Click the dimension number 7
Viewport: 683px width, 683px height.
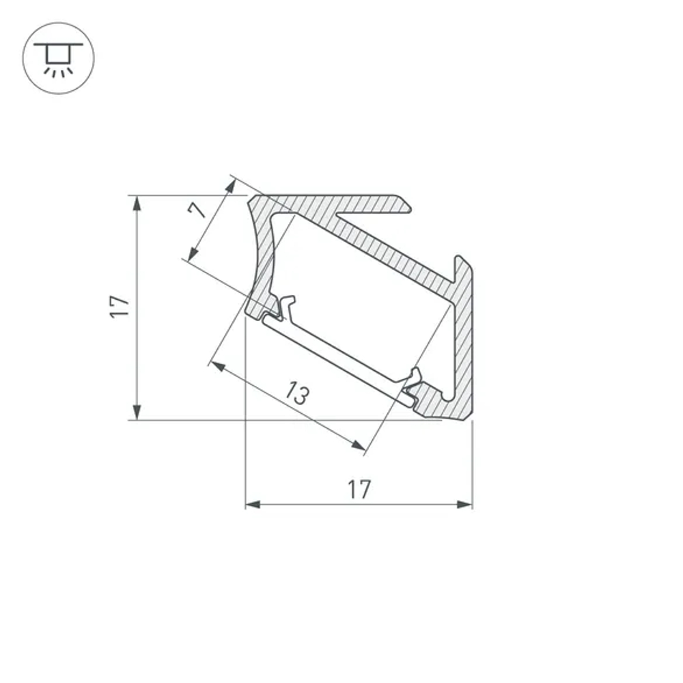pos(197,208)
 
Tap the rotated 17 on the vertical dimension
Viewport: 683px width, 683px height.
pos(120,306)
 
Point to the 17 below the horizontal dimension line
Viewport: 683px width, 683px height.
pos(359,489)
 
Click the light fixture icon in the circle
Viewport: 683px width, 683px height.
pos(59,58)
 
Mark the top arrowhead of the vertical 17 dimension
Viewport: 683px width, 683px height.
pos(137,202)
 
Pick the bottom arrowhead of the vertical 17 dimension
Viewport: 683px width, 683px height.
pos(137,413)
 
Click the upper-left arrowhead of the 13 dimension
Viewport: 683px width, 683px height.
pos(217,367)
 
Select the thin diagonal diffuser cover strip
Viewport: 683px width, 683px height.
pos(335,363)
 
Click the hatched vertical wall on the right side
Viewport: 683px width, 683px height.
pos(464,341)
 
